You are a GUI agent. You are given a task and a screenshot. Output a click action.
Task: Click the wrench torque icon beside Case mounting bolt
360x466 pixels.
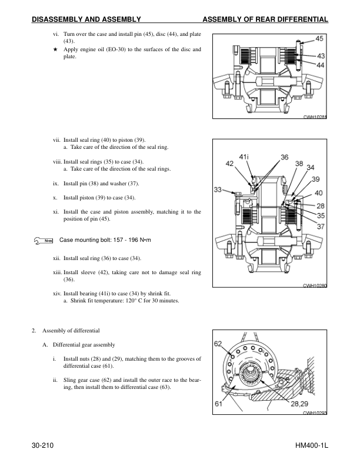tap(44, 240)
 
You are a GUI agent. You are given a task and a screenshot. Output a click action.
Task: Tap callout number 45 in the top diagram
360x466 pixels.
tap(319, 39)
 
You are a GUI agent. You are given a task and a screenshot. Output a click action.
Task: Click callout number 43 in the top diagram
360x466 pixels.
tap(319, 56)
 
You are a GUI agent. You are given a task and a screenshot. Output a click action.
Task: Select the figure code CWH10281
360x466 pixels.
tap(315, 118)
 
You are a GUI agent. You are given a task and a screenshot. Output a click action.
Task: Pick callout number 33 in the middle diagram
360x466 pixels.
tap(218, 190)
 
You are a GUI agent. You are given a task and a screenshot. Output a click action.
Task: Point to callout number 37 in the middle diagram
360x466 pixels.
tap(320, 225)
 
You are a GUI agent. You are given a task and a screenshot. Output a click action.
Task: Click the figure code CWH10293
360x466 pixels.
tap(315, 414)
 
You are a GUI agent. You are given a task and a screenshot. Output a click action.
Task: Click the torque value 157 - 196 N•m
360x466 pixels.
tap(135, 240)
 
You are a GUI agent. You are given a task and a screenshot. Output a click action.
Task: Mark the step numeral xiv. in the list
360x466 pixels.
tap(57, 292)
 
